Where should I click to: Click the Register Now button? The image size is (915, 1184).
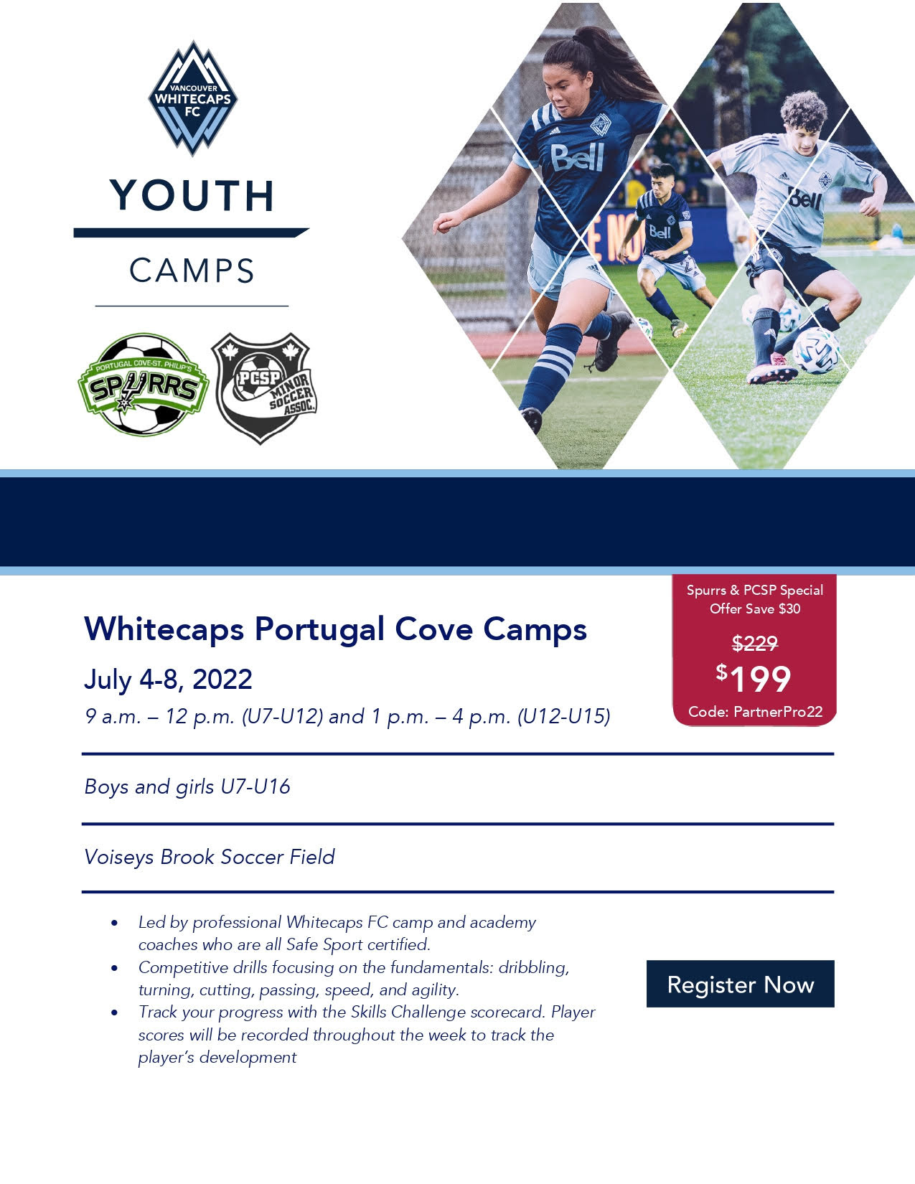pos(740,984)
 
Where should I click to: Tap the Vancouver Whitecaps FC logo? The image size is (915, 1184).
pos(193,98)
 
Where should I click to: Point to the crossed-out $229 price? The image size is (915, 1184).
pos(755,644)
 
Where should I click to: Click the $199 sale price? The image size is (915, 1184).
pos(754,678)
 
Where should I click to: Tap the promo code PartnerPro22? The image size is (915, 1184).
pos(778,712)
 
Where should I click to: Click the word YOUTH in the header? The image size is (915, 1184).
pos(192,195)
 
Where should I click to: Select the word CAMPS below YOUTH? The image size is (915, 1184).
pos(192,271)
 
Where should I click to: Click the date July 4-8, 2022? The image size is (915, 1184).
pos(168,679)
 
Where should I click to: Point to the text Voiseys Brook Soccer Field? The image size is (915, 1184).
pos(210,857)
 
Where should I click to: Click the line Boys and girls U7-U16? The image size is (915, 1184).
pos(187,786)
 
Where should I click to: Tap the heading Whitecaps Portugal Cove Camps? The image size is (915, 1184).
pos(335,629)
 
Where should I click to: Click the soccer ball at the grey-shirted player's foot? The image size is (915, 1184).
pos(816,349)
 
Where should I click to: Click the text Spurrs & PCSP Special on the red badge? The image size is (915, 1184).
pos(755,590)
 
